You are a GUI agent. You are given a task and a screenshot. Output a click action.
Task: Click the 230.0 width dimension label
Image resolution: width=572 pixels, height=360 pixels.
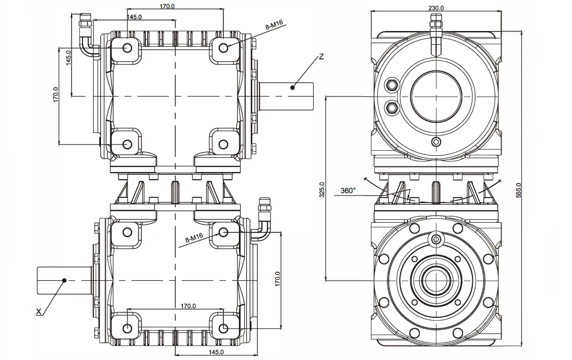436,8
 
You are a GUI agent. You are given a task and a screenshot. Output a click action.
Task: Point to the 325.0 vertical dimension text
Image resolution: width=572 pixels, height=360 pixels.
322,189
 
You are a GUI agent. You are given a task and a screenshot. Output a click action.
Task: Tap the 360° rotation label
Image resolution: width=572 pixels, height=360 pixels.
348,191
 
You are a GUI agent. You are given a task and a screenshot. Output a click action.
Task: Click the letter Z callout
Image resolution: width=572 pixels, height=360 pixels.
321,56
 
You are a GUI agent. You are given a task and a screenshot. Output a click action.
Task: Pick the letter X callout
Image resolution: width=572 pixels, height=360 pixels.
39,312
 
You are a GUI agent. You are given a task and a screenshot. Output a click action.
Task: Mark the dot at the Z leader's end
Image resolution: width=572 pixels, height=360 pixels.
292,87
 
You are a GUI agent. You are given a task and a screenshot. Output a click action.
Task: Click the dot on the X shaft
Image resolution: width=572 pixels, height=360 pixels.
64,280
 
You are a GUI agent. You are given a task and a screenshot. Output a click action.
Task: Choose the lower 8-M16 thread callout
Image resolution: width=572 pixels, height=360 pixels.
194,240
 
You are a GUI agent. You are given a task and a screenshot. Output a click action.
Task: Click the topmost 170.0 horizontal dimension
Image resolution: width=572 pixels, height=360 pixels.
167,6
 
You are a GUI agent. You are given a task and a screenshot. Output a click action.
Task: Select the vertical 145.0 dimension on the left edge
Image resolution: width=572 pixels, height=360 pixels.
69,58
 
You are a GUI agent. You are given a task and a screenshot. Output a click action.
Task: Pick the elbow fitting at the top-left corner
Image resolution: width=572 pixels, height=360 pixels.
86,38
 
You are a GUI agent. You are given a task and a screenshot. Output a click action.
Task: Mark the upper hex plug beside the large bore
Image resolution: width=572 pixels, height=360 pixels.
391,84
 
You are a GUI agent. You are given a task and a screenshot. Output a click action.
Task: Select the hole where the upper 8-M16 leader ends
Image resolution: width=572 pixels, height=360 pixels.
223,47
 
